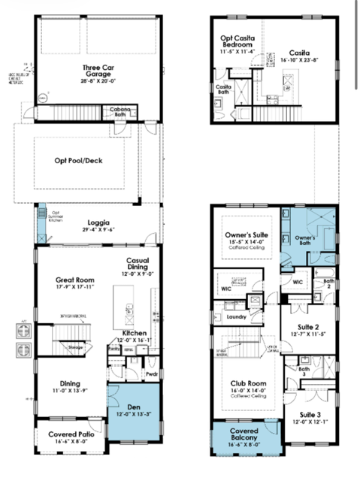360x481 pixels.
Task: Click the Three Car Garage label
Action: [x=97, y=71]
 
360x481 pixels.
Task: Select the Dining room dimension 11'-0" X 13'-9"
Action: [x=69, y=392]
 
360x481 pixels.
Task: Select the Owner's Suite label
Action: [x=250, y=234]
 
